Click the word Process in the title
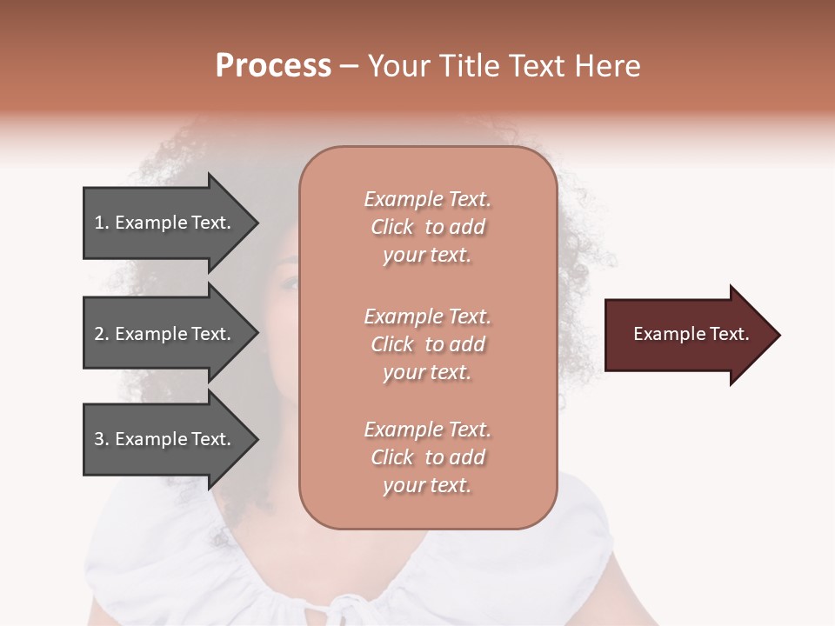pyautogui.click(x=273, y=66)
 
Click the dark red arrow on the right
pyautogui.click(x=687, y=335)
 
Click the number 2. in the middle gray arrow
pyautogui.click(x=102, y=334)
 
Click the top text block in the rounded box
pyautogui.click(x=427, y=227)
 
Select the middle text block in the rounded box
pyautogui.click(x=427, y=344)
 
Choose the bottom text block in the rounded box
pyautogui.click(x=427, y=457)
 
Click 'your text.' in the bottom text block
pyautogui.click(x=427, y=485)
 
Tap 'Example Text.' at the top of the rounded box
pyautogui.click(x=427, y=199)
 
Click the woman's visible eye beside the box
pyautogui.click(x=291, y=283)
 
